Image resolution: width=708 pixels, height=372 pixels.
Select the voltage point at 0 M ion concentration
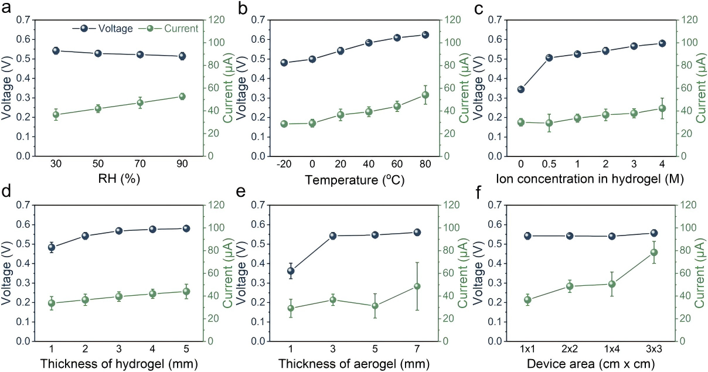coord(520,89)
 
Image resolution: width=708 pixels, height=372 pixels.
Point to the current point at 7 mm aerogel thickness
coord(417,286)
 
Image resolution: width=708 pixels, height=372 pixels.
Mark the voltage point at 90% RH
coord(182,56)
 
